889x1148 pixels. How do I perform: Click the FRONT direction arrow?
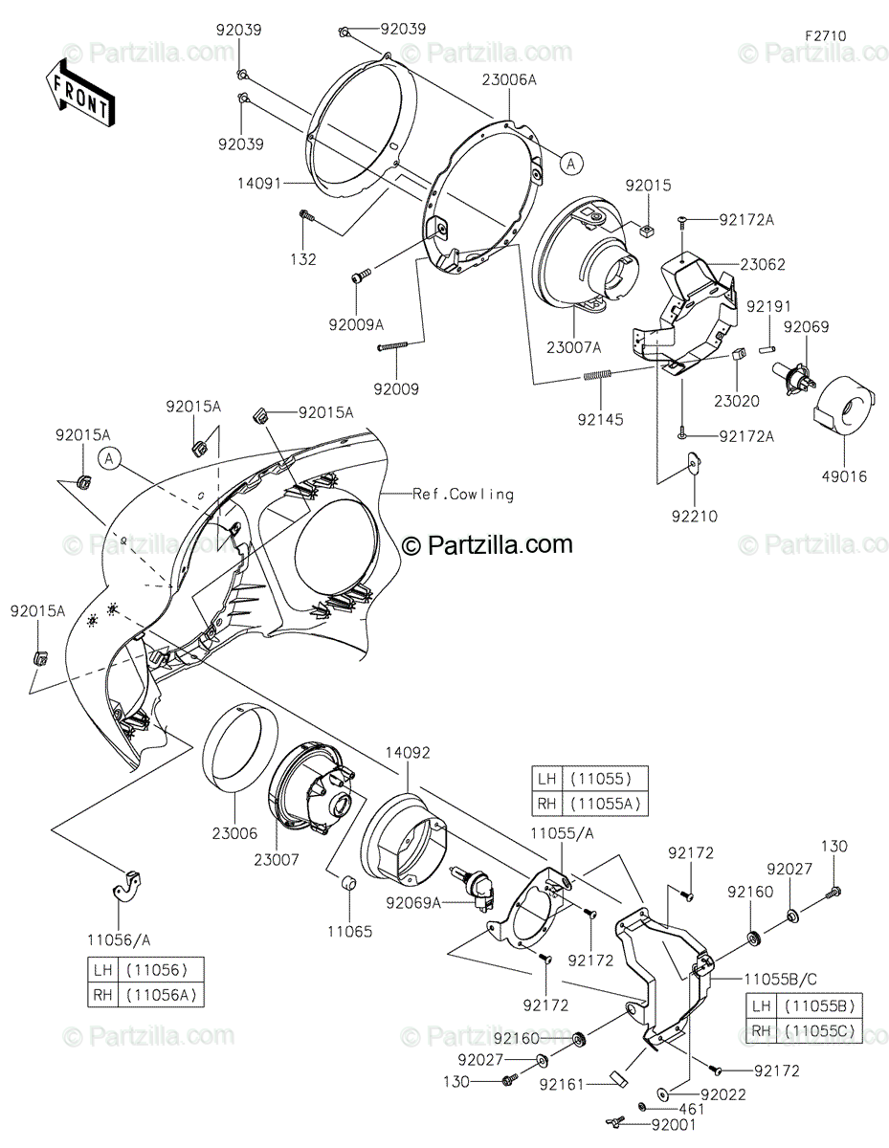click(79, 94)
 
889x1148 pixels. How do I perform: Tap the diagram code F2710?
click(825, 36)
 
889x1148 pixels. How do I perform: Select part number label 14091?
click(260, 184)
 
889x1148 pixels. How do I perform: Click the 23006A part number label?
click(509, 79)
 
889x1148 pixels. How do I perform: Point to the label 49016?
click(844, 476)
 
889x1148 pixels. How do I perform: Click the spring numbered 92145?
click(597, 375)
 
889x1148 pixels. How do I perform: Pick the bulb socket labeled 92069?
click(793, 376)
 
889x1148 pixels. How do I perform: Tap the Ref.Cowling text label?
click(463, 494)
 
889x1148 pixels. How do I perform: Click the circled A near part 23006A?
click(570, 165)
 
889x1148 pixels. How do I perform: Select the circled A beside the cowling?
click(109, 458)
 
